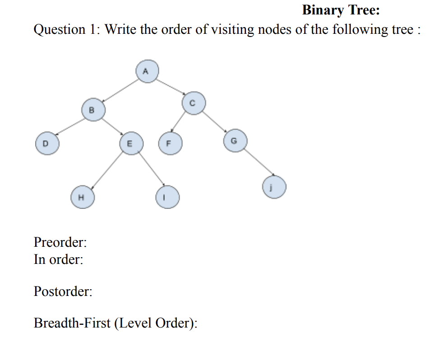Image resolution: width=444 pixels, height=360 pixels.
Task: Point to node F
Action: (x=169, y=144)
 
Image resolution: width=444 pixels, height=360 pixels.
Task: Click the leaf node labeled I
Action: (x=167, y=198)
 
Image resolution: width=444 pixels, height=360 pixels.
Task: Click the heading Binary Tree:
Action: (x=341, y=10)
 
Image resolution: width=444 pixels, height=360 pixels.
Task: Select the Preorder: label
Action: (x=60, y=243)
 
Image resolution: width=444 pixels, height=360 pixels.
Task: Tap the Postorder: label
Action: (x=63, y=291)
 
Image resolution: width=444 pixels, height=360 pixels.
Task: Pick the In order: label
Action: (x=58, y=260)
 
